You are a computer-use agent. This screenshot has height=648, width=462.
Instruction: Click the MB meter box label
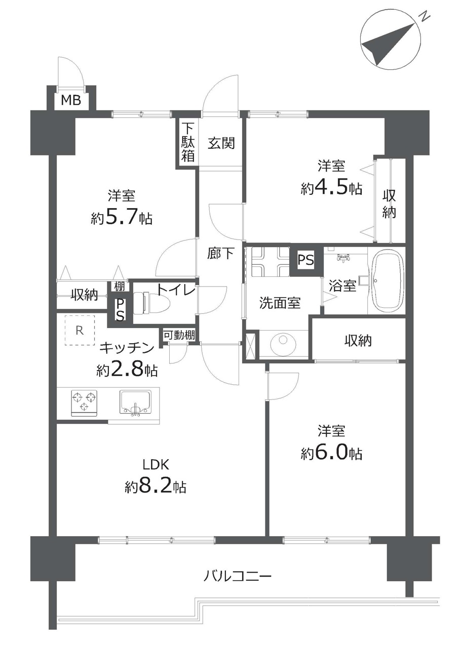pyautogui.click(x=71, y=101)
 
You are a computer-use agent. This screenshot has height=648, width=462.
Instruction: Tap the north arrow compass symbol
pyautogui.click(x=390, y=40)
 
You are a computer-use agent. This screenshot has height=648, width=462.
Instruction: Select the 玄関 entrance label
pyautogui.click(x=221, y=143)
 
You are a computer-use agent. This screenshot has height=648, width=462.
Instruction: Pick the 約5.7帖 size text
pyautogui.click(x=122, y=218)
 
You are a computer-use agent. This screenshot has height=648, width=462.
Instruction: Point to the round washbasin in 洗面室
pyautogui.click(x=283, y=344)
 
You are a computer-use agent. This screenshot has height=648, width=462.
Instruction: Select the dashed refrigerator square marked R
pyautogui.click(x=80, y=331)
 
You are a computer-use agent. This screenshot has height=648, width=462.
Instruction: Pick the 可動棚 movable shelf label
pyautogui.click(x=179, y=335)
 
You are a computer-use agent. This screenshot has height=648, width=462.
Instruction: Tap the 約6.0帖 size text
pyautogui.click(x=331, y=454)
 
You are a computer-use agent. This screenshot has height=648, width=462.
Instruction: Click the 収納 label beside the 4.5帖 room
pyautogui.click(x=390, y=204)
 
